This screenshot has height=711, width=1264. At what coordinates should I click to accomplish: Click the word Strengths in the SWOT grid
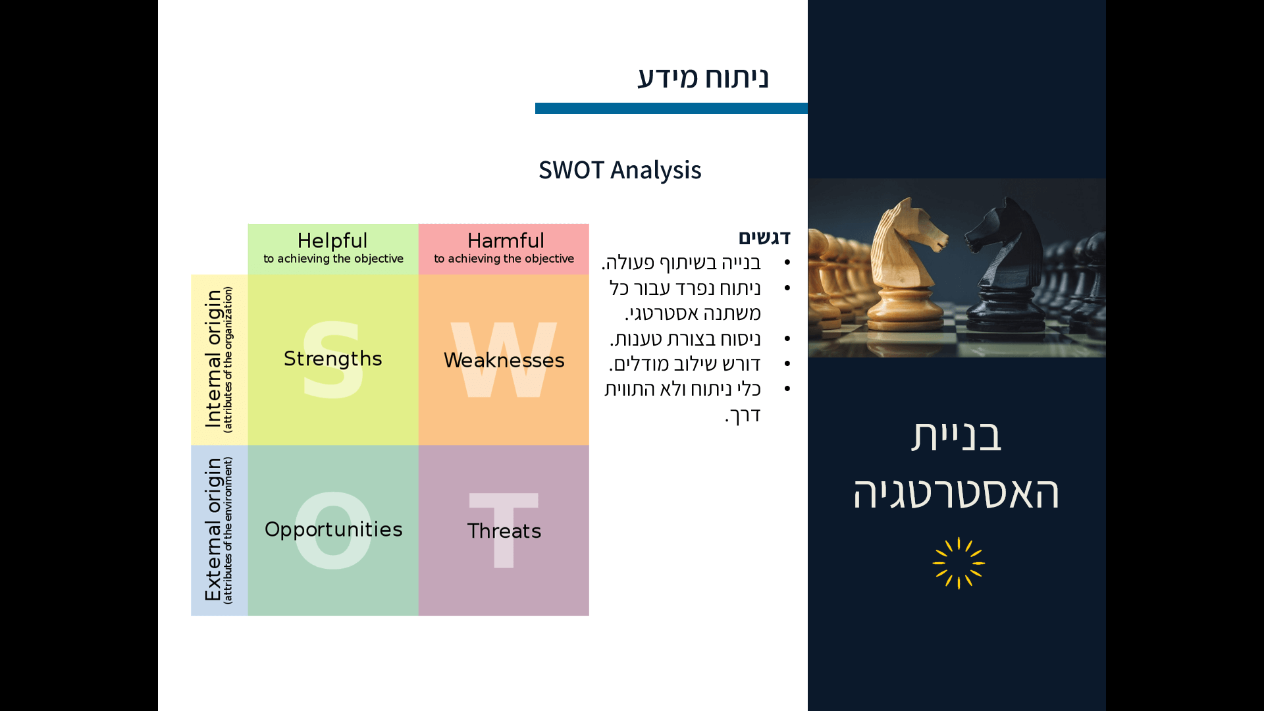click(332, 359)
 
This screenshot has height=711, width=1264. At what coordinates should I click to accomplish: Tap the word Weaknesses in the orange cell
click(504, 360)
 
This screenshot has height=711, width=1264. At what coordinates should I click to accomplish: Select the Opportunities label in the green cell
click(333, 529)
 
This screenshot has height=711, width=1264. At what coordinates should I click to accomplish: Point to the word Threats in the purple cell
click(504, 531)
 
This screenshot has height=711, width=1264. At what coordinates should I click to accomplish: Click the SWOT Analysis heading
click(619, 170)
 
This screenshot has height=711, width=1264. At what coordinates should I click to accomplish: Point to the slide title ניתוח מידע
click(702, 78)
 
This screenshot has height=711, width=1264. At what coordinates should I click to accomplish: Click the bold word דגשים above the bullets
click(764, 237)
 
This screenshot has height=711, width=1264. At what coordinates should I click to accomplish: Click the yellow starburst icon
click(959, 563)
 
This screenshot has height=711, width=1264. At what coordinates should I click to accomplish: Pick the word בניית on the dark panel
click(956, 435)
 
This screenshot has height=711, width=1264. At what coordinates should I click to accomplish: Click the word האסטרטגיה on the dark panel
click(956, 492)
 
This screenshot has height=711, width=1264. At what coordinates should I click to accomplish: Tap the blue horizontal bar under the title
click(671, 108)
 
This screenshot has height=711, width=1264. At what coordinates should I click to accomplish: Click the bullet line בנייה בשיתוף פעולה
click(681, 262)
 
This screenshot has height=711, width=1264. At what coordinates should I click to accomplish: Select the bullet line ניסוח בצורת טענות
click(685, 338)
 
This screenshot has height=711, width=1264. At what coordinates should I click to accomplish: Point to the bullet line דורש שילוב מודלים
click(685, 363)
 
